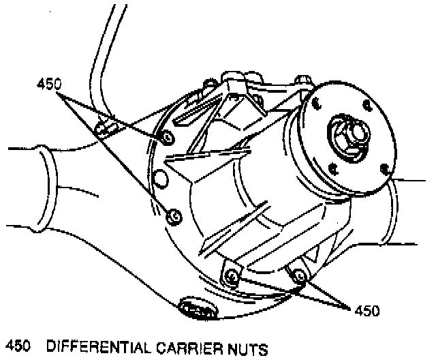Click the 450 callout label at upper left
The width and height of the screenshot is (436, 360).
pyautogui.click(x=48, y=85)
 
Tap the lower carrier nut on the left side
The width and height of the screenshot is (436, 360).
pyautogui.click(x=174, y=216)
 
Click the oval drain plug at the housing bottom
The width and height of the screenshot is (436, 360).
pyautogui.click(x=197, y=311)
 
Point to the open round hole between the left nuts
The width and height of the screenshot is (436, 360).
pyautogui.click(x=161, y=179)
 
